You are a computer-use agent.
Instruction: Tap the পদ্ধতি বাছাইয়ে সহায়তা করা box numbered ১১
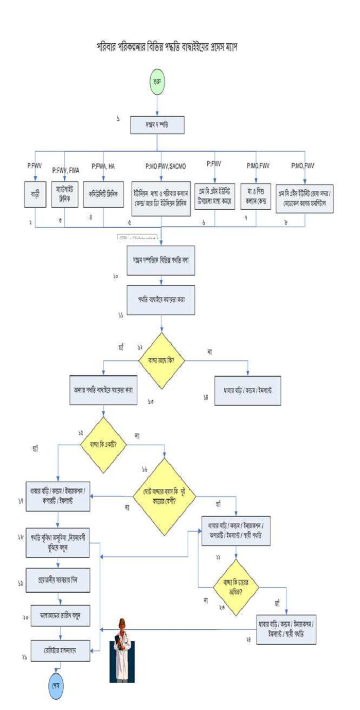(162, 300)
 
